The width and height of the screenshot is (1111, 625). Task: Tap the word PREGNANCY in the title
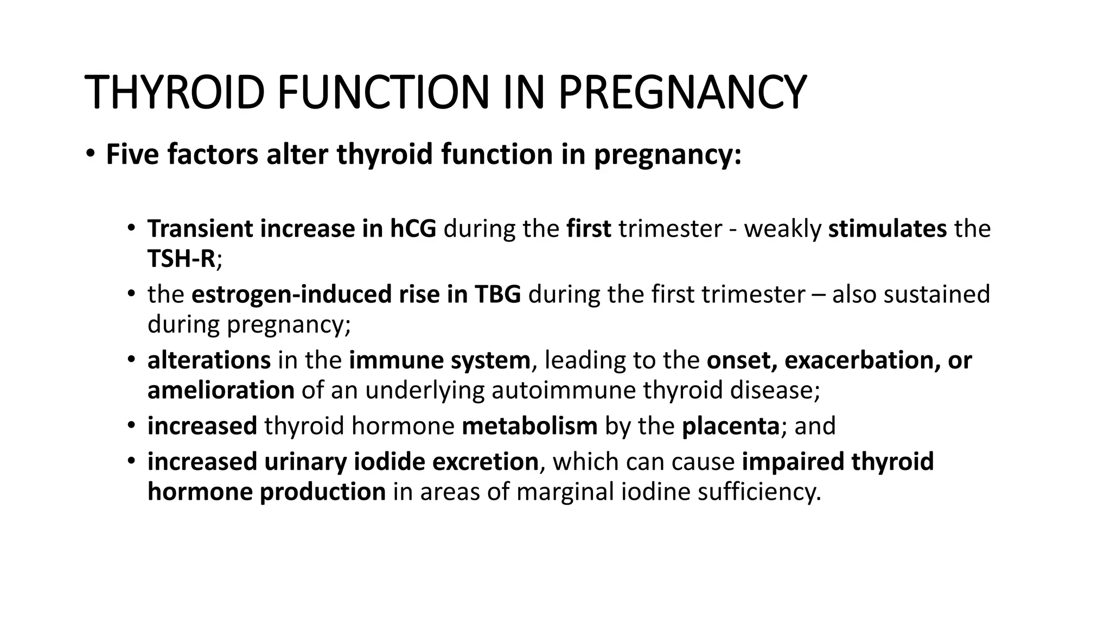[x=682, y=92]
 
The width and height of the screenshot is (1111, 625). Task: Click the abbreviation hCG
[x=413, y=229]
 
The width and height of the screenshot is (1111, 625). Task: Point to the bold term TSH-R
[x=182, y=259]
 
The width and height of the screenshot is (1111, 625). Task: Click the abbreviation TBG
[x=497, y=295]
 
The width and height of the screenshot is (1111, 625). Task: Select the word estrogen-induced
[x=291, y=295]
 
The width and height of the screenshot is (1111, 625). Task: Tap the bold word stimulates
[x=887, y=229]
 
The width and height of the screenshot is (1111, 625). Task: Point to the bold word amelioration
[x=221, y=391]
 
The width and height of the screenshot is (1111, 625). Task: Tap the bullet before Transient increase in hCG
[x=131, y=228]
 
